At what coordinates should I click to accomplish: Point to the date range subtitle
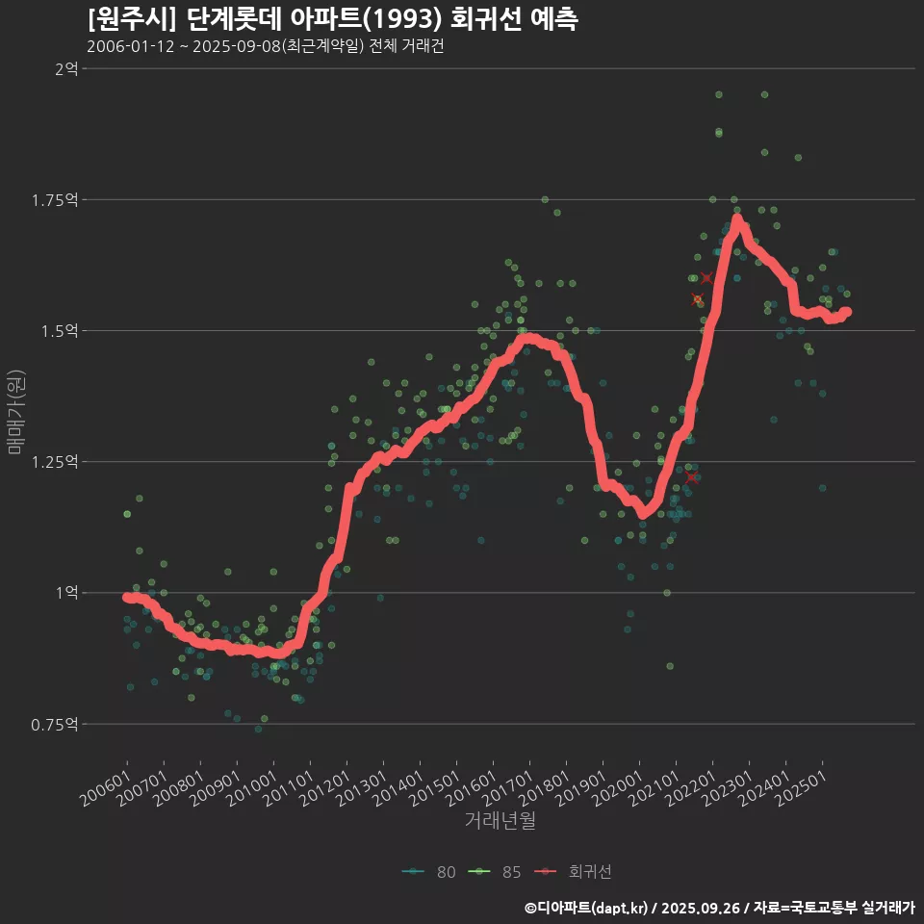point(265,47)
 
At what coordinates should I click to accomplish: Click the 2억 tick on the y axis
point(66,68)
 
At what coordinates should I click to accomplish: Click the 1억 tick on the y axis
point(66,592)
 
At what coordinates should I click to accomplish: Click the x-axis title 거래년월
point(500,821)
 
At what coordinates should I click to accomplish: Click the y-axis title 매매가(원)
point(15,412)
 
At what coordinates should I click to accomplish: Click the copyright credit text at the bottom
point(719,907)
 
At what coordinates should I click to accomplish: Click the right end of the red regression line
point(846,312)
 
